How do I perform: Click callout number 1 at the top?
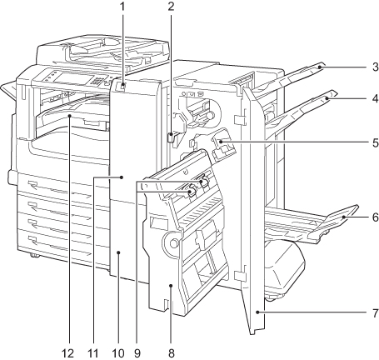(122, 7)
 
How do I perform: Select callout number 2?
(171, 7)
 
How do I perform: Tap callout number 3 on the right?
(375, 67)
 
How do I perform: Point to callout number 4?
(375, 98)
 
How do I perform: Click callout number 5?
(375, 142)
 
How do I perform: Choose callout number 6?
(375, 217)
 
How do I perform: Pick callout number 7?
(375, 312)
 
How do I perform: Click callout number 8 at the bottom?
(171, 353)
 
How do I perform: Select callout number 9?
(137, 353)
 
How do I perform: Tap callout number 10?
(118, 353)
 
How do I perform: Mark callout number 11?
(93, 353)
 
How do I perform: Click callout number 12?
(68, 353)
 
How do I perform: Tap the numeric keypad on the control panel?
(97, 81)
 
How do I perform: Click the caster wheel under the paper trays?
(33, 255)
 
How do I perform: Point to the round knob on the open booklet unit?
(173, 243)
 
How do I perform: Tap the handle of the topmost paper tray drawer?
(32, 184)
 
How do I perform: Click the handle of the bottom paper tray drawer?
(32, 239)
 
